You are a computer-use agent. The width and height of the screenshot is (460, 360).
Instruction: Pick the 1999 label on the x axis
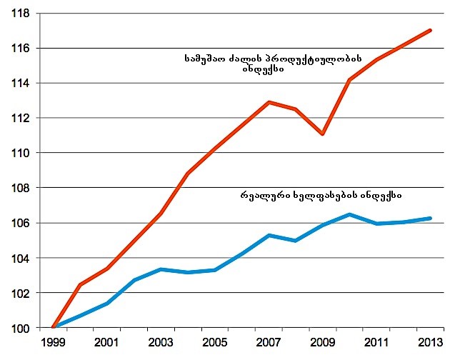53,343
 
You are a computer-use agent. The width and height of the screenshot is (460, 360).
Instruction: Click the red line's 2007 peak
269,102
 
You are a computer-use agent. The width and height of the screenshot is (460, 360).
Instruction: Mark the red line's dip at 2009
324,134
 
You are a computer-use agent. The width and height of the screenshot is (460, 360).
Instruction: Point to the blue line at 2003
161,269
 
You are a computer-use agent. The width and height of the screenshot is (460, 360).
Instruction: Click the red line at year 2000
80,285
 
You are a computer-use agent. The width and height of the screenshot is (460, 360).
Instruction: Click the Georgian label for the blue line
319,194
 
